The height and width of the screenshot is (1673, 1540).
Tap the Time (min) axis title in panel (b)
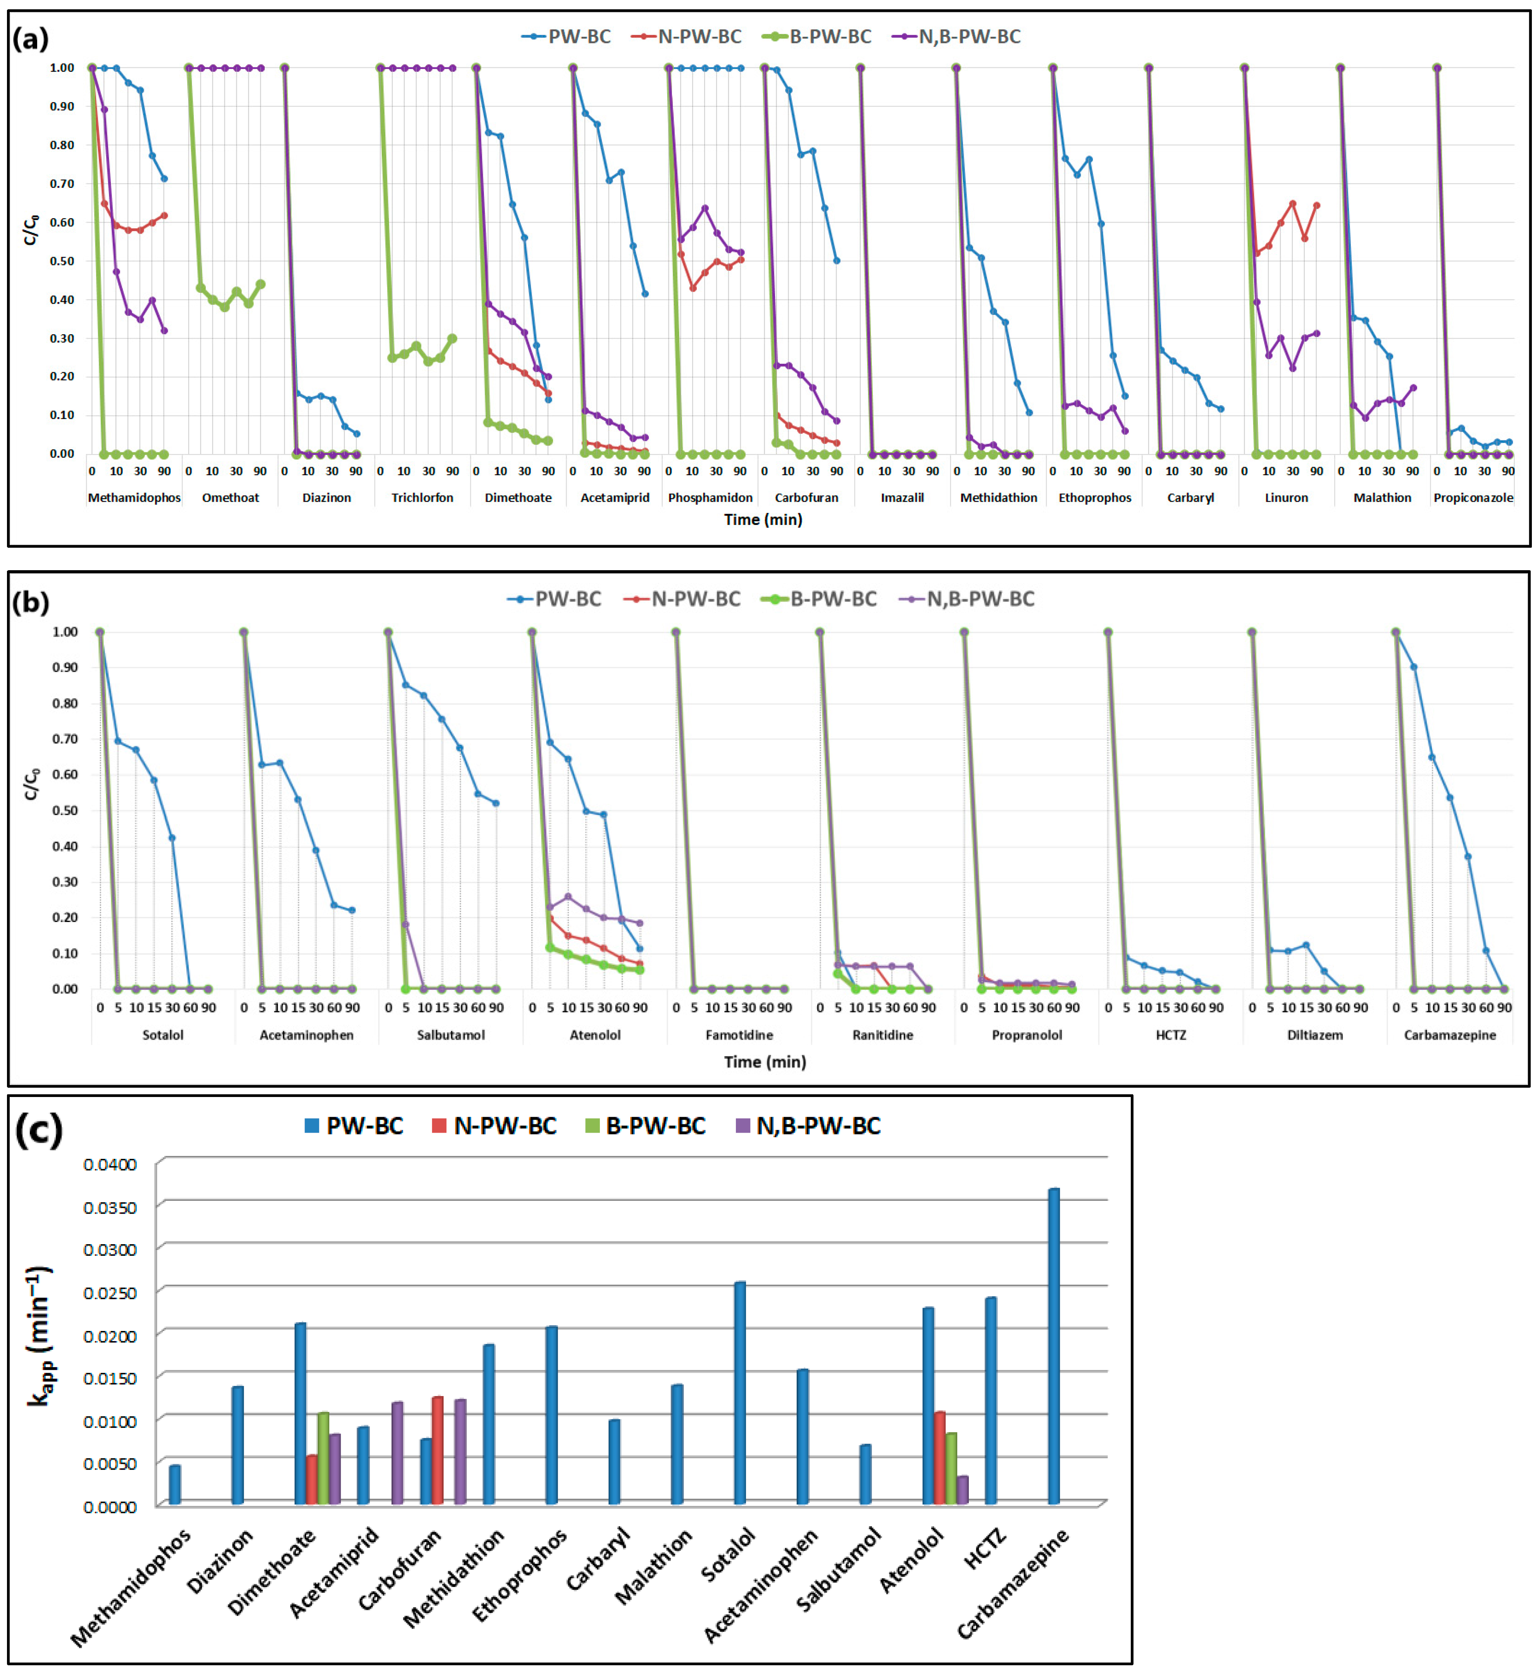[764, 1062]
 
